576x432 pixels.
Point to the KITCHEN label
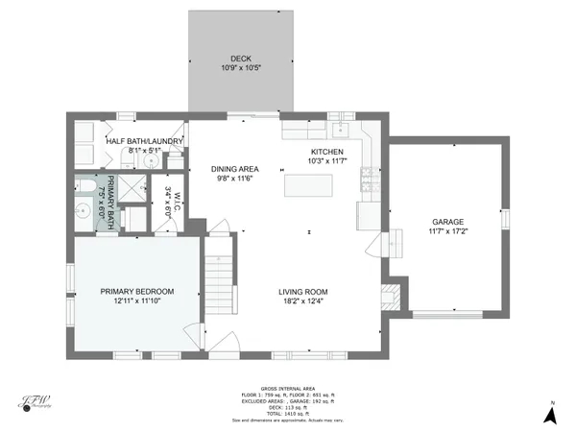click(326, 152)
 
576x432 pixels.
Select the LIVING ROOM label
click(303, 292)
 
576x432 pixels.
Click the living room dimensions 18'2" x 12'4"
click(303, 301)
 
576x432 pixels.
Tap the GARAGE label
click(448, 222)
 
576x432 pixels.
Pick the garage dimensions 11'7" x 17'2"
click(448, 231)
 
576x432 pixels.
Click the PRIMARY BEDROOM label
click(138, 292)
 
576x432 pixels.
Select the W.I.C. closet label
click(169, 200)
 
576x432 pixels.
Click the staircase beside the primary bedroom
click(220, 274)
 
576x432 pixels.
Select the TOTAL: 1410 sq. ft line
click(288, 414)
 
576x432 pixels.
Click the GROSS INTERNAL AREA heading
click(288, 390)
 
